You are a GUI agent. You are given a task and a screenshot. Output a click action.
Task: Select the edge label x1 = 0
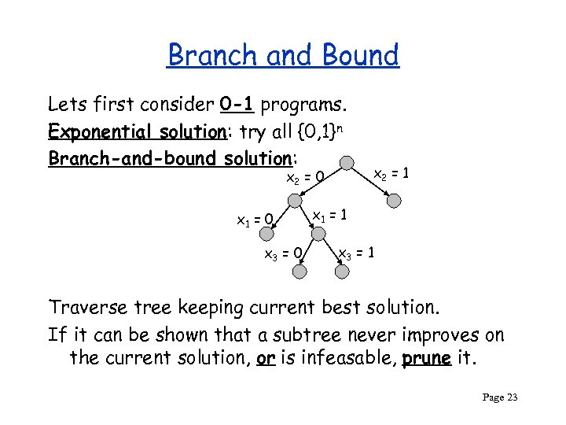coord(255,218)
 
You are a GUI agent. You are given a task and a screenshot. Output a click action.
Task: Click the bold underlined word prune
coord(428,358)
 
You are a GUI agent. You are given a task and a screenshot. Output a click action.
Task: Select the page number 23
coord(512,397)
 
